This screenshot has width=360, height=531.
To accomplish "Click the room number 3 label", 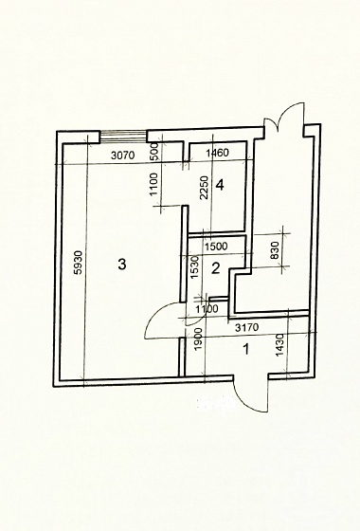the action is click(x=122, y=264).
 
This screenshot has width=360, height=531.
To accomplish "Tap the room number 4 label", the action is click(x=220, y=185).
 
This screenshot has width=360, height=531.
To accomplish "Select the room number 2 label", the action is click(x=216, y=268).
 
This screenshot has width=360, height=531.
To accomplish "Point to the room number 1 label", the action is click(x=246, y=349).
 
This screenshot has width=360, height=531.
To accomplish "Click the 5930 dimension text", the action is click(x=78, y=263).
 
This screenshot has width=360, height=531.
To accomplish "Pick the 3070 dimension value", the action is click(x=123, y=156).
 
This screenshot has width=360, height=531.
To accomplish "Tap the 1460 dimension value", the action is click(x=218, y=153).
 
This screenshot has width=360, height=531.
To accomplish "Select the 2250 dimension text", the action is click(x=204, y=188).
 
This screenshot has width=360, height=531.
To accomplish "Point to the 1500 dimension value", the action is click(x=216, y=247).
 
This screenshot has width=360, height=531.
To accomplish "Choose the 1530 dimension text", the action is click(x=194, y=267).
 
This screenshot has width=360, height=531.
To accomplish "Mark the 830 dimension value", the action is click(x=276, y=250).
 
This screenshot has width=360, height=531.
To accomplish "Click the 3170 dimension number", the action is click(x=247, y=327).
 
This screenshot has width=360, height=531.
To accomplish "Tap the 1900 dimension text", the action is click(x=199, y=339).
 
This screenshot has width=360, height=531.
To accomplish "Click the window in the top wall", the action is click(x=123, y=137).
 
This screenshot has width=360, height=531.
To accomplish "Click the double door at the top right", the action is click(x=284, y=117).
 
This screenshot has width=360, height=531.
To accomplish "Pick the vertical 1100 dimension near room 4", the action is click(x=153, y=185).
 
